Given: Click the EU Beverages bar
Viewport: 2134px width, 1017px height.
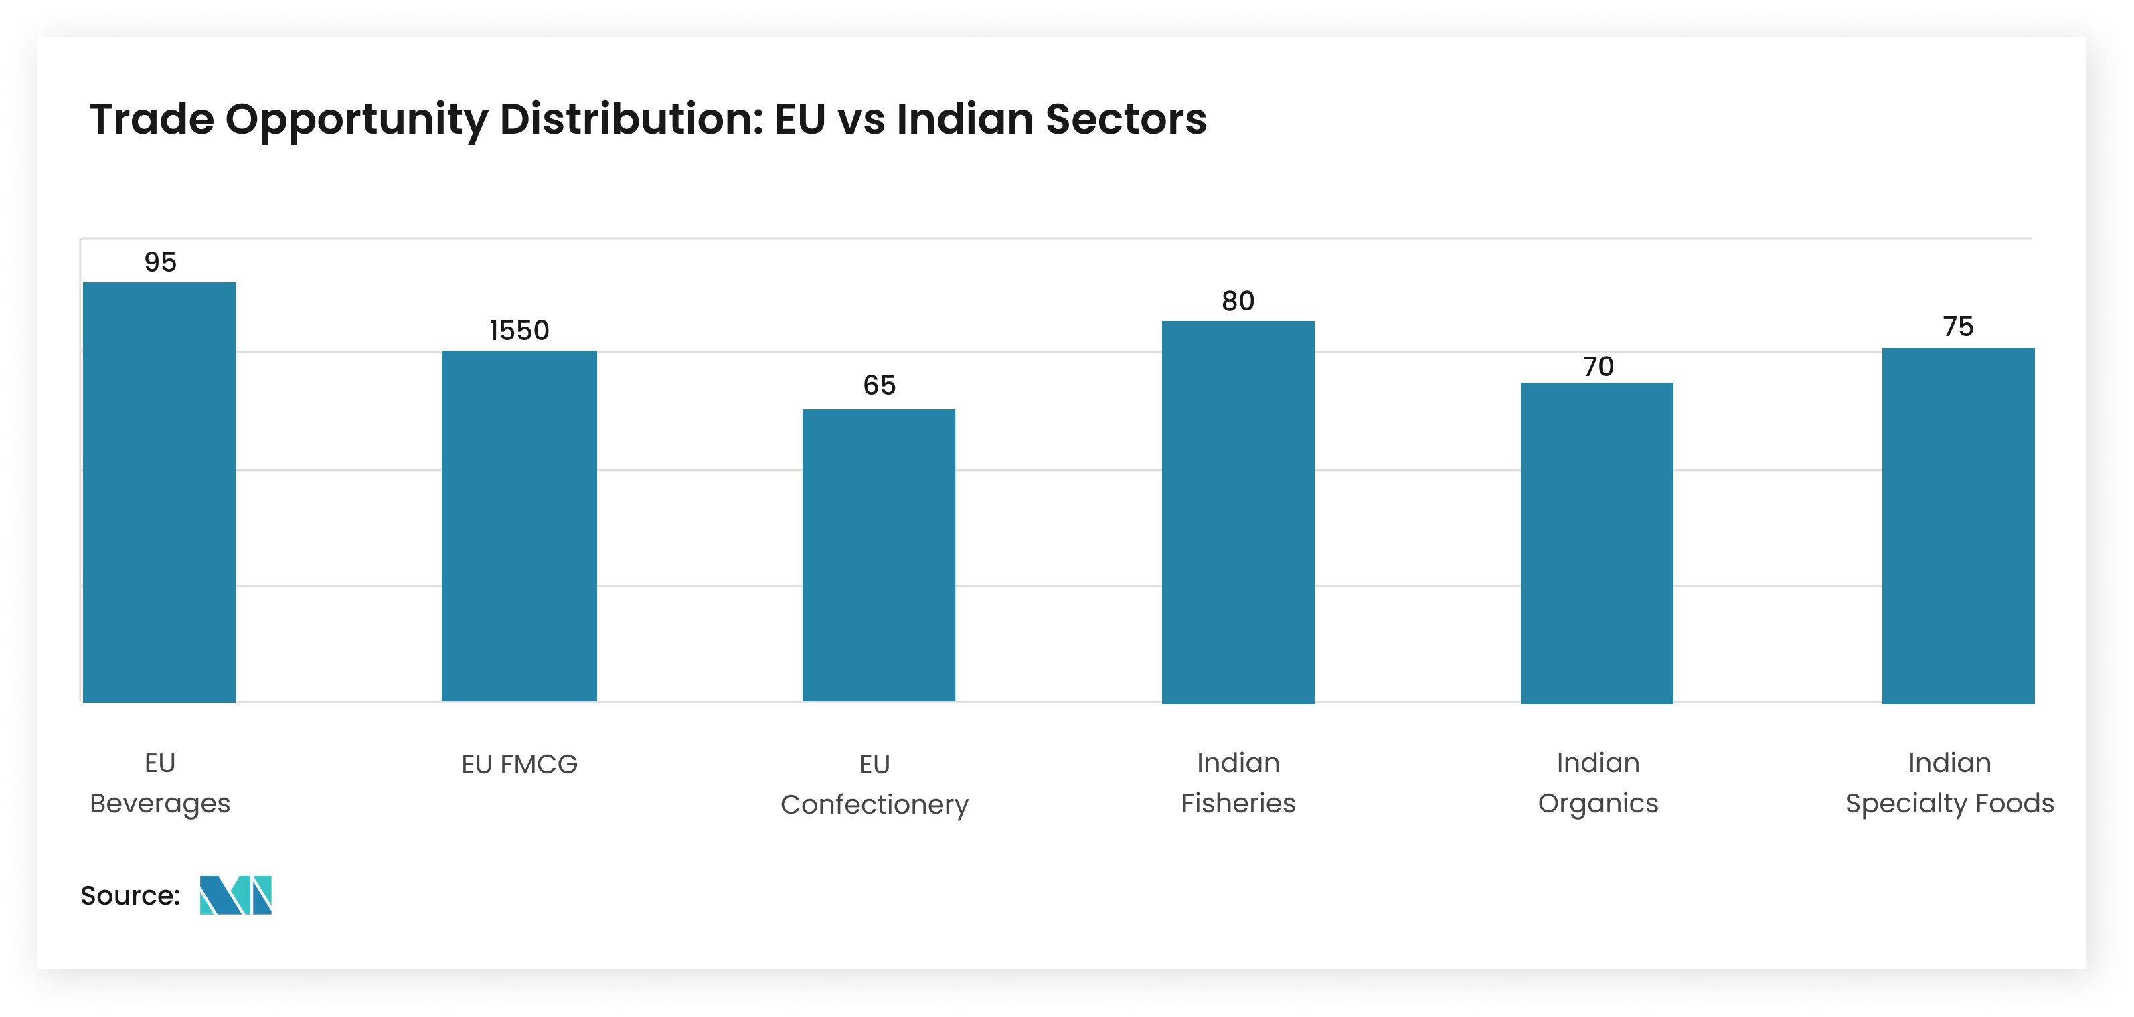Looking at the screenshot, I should pos(159,492).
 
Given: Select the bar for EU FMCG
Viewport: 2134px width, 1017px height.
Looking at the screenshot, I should pos(519,526).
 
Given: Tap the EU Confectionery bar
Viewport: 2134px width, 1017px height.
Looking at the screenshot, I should pos(879,556).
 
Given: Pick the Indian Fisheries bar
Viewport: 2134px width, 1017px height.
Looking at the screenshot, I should pos(1238,512).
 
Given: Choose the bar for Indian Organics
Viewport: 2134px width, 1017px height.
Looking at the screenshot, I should pos(1596,543).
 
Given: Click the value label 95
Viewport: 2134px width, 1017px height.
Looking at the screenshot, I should pos(160,262).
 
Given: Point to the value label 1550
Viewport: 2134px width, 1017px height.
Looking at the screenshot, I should pos(519,331).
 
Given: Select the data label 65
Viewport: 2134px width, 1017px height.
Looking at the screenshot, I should pos(879,385).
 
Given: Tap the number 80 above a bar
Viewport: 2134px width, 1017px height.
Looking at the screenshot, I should pos(1238,302).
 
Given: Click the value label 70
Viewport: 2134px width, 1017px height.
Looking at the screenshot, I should pos(1598,367).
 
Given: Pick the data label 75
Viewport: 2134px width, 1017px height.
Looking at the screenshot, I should pos(1959,327).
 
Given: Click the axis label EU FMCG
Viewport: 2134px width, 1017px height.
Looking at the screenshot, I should pos(519,763).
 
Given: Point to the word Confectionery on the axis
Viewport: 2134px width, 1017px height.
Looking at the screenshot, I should pos(874,804).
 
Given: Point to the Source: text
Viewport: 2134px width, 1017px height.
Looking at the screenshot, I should pos(130,895).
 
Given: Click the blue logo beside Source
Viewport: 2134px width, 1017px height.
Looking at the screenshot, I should pos(236,895).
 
